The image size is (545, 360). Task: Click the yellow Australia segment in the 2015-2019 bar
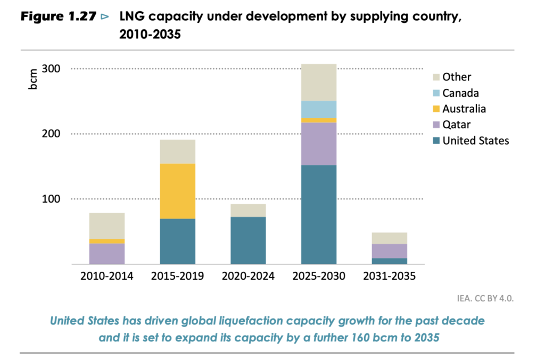pyautogui.click(x=177, y=191)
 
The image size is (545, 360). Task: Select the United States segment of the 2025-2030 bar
pyautogui.click(x=318, y=214)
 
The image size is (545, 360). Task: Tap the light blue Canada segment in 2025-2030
pyautogui.click(x=318, y=110)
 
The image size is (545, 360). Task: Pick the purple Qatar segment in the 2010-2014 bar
pyautogui.click(x=107, y=254)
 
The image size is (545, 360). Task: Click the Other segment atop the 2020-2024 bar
pyautogui.click(x=248, y=210)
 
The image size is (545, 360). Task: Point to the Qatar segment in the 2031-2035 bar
pyautogui.click(x=389, y=251)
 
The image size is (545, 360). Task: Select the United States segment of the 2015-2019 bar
pyautogui.click(x=177, y=241)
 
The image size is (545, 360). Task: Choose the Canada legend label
pyautogui.click(x=460, y=93)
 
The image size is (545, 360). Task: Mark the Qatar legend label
pyautogui.click(x=457, y=125)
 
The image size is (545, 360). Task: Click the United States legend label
pyautogui.click(x=475, y=141)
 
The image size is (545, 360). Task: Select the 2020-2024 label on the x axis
pyautogui.click(x=248, y=277)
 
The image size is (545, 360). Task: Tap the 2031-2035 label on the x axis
pyautogui.click(x=389, y=277)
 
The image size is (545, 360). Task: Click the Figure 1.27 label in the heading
pyautogui.click(x=56, y=16)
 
